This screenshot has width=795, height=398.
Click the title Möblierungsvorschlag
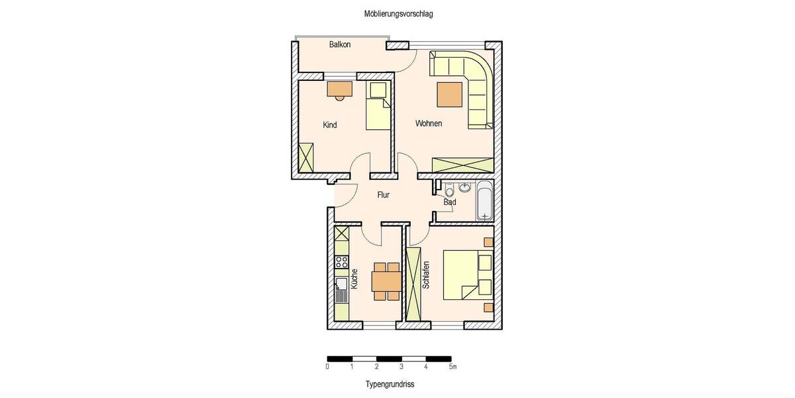point(398,13)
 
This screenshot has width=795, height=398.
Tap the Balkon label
point(340,45)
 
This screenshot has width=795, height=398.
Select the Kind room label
point(330,125)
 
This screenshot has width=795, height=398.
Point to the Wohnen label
point(429,124)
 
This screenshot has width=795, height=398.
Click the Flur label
point(383,195)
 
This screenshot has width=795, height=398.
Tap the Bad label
point(450,202)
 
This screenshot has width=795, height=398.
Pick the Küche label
point(355,277)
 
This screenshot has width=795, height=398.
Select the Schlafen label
point(427,275)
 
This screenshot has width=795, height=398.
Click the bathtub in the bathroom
point(484,200)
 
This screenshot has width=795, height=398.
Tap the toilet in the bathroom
point(450,187)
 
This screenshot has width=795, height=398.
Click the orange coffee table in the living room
point(449,94)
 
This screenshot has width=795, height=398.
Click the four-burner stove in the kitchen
point(342,262)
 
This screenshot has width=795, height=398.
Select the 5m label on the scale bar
point(452,366)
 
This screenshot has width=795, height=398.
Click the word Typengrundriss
point(390,384)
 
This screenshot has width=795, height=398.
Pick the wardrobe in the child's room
point(306,157)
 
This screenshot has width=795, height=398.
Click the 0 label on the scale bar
point(327,366)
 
